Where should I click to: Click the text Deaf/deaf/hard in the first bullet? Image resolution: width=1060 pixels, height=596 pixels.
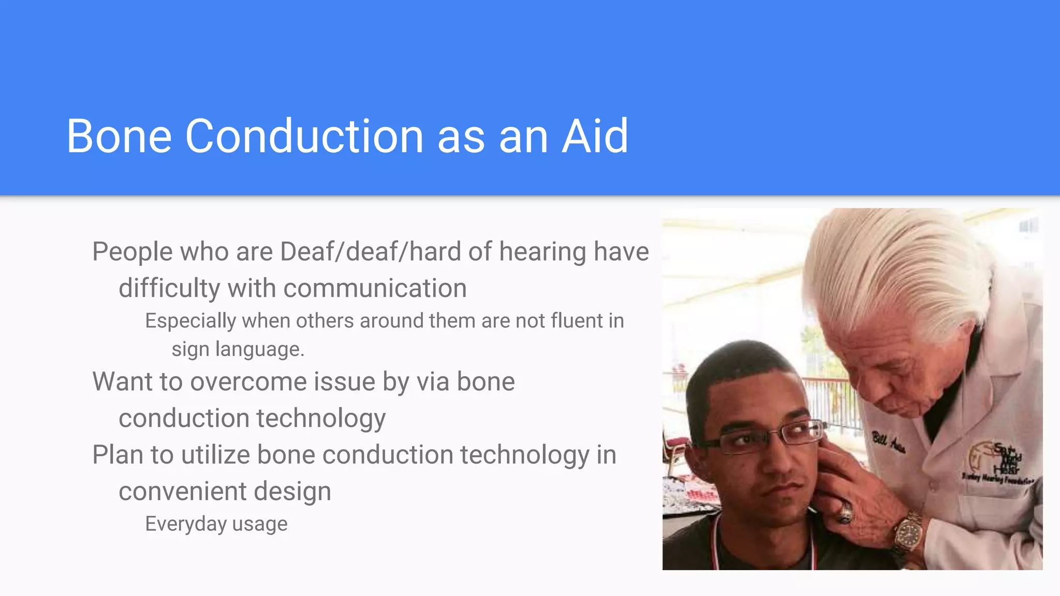tap(370, 252)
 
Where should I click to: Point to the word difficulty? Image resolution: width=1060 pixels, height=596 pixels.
tap(169, 289)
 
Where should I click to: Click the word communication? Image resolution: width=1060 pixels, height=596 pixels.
tap(375, 289)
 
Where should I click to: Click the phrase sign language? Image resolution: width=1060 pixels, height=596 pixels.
tap(238, 349)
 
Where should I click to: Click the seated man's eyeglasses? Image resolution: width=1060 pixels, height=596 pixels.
tap(766, 437)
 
